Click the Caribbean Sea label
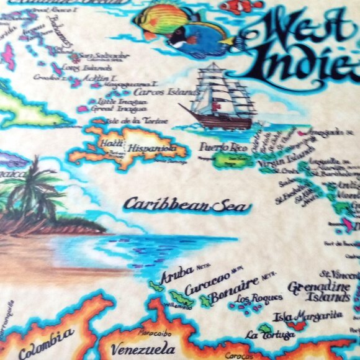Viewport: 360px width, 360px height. (186, 205)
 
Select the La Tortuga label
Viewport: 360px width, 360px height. (260, 335)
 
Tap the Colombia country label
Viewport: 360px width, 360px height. (47, 345)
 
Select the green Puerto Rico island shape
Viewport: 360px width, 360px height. (231, 160)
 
